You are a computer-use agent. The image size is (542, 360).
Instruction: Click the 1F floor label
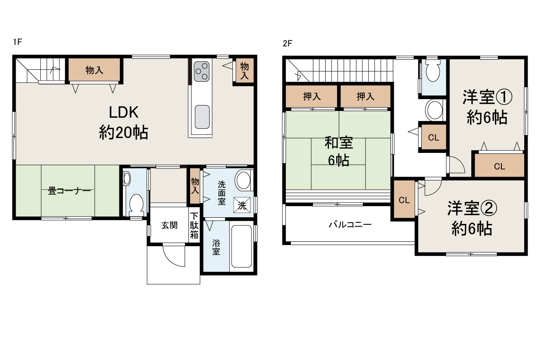pos(17,42)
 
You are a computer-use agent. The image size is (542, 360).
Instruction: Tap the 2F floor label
pos(288,43)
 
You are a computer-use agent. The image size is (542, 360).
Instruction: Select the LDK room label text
pos(124,112)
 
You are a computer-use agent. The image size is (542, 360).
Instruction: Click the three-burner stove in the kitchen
pos(202,72)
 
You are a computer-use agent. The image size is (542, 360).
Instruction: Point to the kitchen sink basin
pos(202,117)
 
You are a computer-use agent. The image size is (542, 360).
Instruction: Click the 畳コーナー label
pos(69,191)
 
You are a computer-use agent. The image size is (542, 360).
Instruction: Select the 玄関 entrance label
pos(169,225)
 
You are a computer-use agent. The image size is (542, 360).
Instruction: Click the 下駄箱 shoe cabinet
pos(194,225)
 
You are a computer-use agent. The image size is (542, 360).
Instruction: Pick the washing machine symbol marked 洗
pos(242,205)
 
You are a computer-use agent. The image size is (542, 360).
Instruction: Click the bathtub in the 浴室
pos(241,246)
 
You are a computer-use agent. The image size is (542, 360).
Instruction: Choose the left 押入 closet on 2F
pos(312,96)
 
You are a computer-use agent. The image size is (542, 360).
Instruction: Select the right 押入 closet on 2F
pos(365,96)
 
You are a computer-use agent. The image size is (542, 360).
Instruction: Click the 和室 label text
pos(339,143)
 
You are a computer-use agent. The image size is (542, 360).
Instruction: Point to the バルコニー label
pos(350,225)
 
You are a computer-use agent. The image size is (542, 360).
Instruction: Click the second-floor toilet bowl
pos(433,71)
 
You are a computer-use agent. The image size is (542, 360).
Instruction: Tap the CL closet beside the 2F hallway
pos(434,137)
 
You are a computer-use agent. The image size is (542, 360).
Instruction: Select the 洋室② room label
pos(472,208)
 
